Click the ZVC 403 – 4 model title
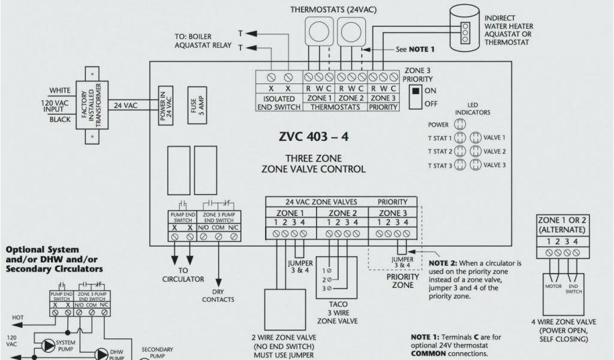[x=312, y=137]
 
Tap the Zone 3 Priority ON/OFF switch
[x=413, y=97]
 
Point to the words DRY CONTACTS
[x=218, y=295]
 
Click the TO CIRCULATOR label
[x=183, y=275]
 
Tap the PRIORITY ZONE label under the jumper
[x=402, y=281]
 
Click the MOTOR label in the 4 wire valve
[x=553, y=286]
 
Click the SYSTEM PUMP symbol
[x=47, y=345]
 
